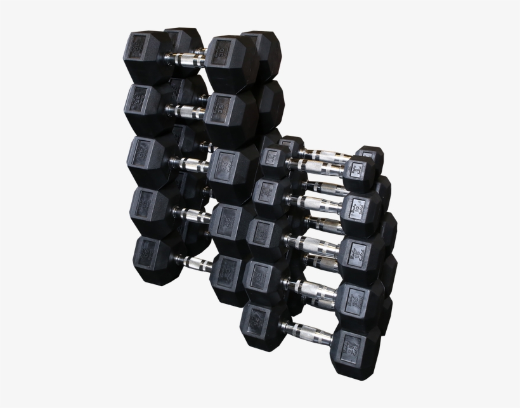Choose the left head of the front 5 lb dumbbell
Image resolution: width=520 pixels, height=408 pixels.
click(274, 157)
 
